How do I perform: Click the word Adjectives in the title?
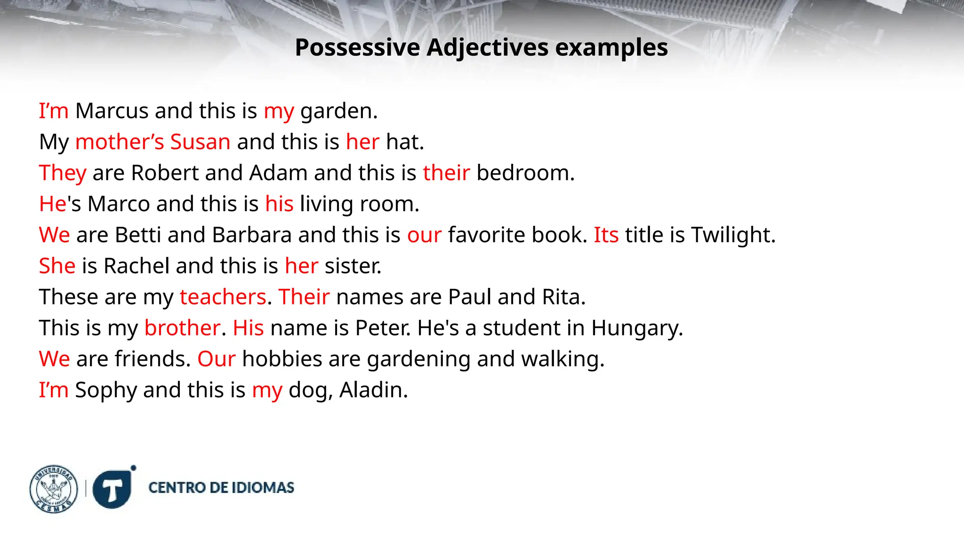point(488,48)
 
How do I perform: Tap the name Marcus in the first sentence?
point(112,111)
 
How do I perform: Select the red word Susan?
point(200,142)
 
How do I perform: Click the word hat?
point(404,142)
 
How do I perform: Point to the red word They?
point(63,173)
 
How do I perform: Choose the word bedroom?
point(525,173)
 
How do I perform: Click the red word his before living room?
point(279,204)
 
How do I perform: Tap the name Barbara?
point(252,235)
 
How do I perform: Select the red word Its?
point(606,235)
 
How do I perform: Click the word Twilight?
point(732,235)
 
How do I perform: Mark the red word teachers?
point(223,297)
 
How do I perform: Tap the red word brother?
point(182,328)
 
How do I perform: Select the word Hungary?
point(636,328)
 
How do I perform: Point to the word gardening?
point(418,359)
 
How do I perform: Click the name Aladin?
point(373,391)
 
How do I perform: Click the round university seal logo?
point(54,489)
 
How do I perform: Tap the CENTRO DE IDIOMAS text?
point(221,488)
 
